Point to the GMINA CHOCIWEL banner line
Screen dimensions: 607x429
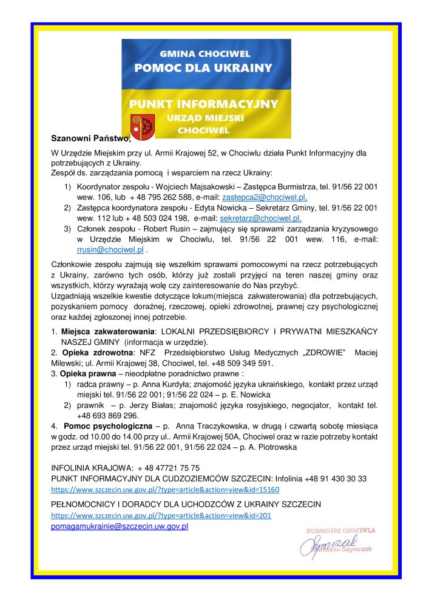206,53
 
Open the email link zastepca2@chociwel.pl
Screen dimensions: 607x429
265,198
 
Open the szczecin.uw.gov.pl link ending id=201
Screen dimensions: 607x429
161,515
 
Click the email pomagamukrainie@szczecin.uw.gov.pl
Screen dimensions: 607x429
120,526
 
